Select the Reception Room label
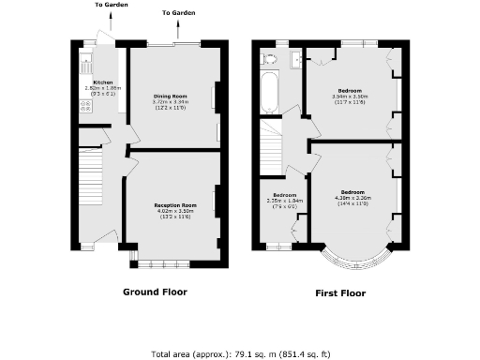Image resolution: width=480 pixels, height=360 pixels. (175, 204)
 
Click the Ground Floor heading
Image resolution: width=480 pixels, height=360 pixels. (155, 292)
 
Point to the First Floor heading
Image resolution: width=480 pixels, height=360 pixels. (339, 292)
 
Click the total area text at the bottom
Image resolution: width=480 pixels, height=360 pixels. (240, 354)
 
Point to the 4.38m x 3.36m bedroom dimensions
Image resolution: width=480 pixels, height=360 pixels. (352, 198)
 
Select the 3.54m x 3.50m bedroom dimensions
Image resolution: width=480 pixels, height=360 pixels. (350, 97)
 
